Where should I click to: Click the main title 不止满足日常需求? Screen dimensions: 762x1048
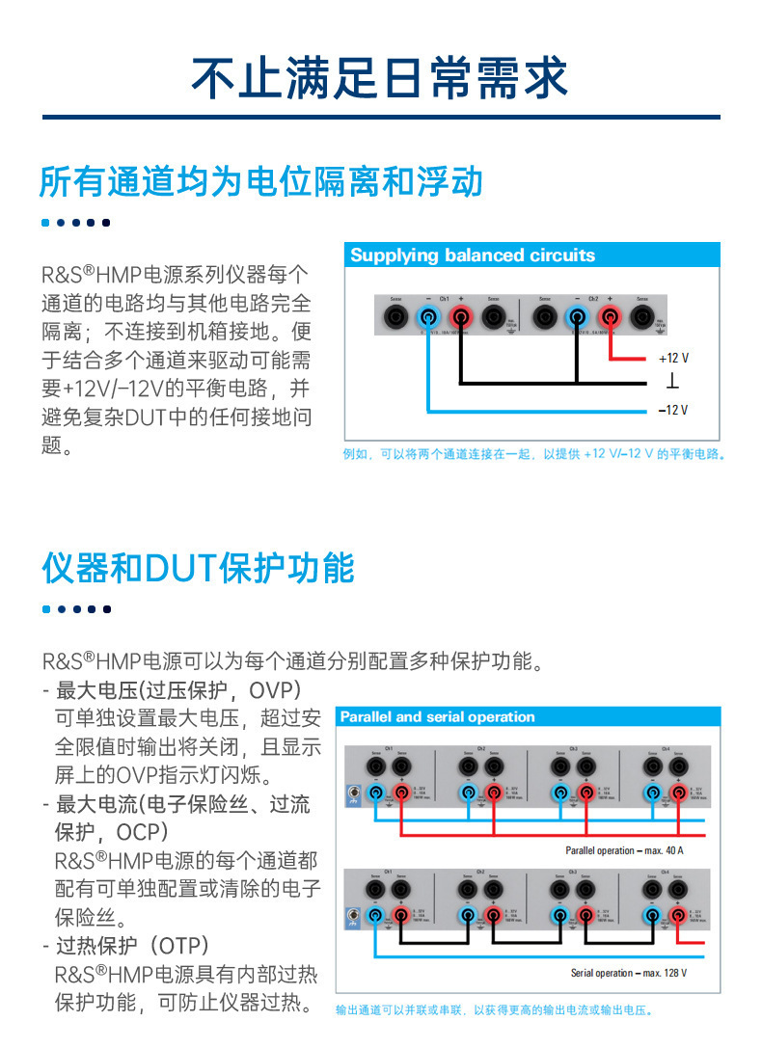click(x=380, y=77)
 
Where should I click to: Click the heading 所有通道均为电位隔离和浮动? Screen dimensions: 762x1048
click(x=260, y=181)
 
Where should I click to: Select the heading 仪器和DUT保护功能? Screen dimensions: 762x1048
click(x=198, y=568)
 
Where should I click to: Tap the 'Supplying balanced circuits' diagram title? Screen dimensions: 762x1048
click(x=473, y=255)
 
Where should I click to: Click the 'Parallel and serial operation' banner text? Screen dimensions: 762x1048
click(x=437, y=716)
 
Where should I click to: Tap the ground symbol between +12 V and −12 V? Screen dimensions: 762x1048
click(x=672, y=383)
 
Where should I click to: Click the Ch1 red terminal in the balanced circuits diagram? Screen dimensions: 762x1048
click(x=460, y=316)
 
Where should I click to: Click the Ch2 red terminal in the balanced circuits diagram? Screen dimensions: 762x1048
click(x=610, y=316)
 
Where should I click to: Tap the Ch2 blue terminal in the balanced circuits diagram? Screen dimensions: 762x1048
click(x=577, y=316)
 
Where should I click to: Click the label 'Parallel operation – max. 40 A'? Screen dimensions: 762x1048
click(x=624, y=850)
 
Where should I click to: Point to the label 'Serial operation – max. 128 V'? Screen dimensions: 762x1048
click(x=629, y=973)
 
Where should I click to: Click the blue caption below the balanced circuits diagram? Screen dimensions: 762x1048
click(x=533, y=453)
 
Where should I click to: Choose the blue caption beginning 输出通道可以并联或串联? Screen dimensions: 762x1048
click(x=494, y=1010)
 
